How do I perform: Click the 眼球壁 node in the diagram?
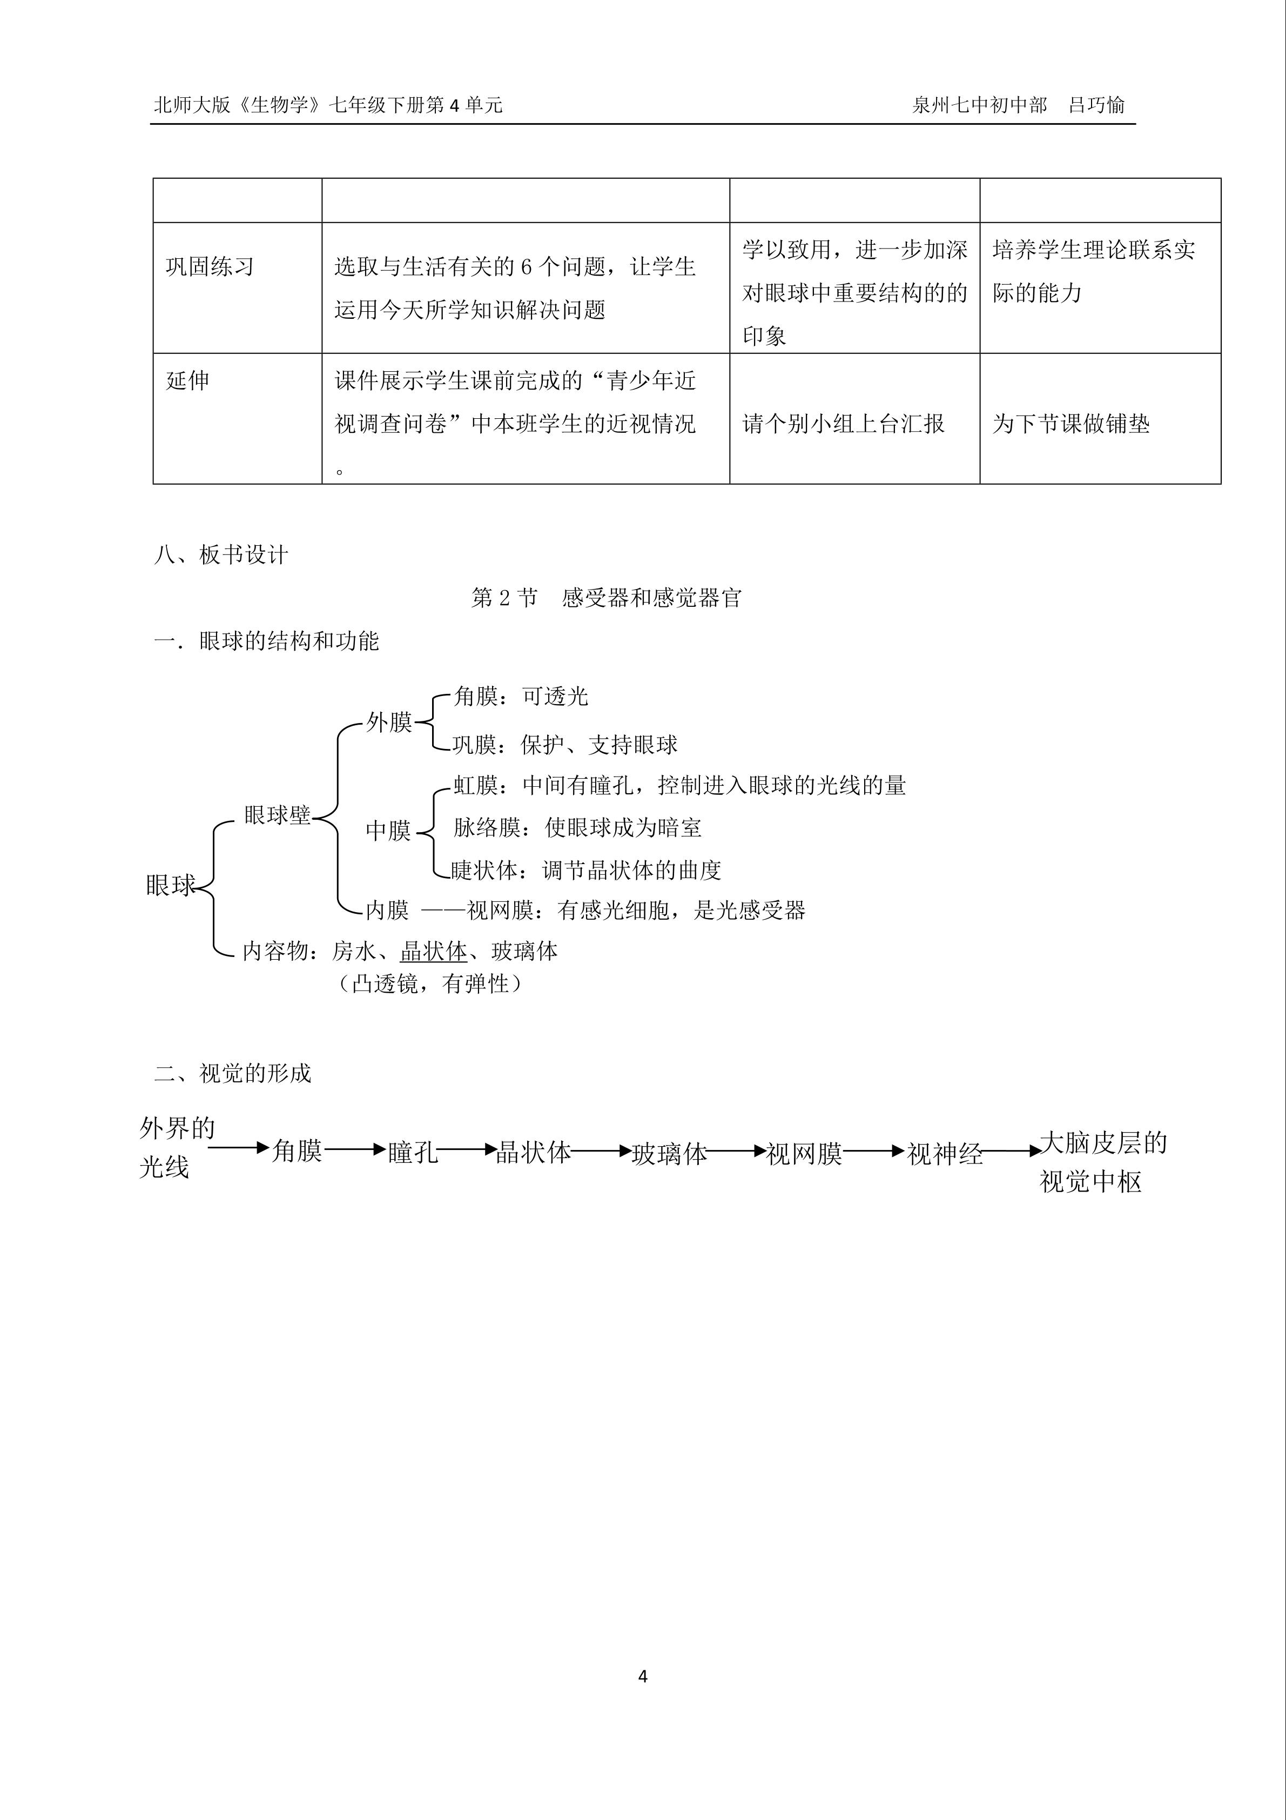click(277, 815)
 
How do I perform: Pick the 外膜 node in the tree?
click(389, 722)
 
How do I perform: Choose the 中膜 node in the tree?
click(388, 830)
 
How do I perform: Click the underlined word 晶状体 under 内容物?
click(433, 951)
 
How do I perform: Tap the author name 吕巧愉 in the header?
click(1096, 105)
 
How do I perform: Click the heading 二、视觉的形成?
click(233, 1073)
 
